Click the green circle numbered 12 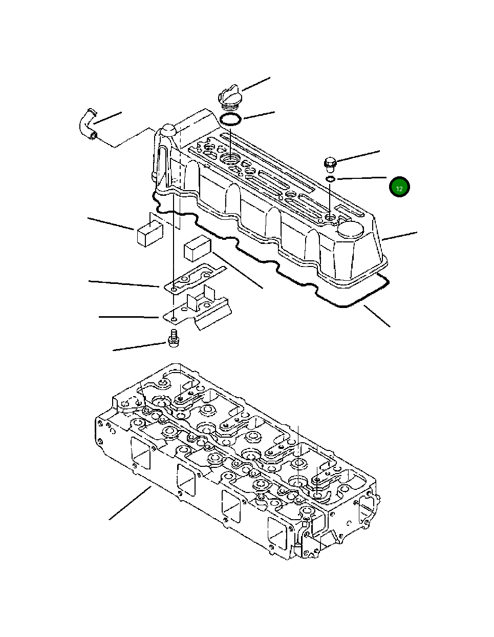click(399, 188)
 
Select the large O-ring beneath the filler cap click(230, 120)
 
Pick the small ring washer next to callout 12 click(331, 179)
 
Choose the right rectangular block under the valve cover click(197, 248)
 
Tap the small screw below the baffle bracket click(173, 338)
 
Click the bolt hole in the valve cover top click(331, 218)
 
